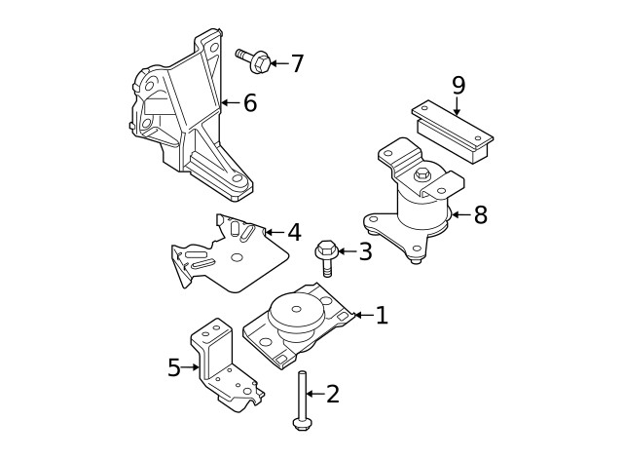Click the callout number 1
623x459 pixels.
[382, 315]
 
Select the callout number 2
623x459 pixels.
[333, 394]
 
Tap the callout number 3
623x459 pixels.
[365, 252]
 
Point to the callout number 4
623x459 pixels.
[294, 233]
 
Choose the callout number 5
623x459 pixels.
[174, 367]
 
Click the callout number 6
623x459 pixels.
[250, 102]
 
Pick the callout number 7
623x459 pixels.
[297, 64]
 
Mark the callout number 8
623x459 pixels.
[479, 214]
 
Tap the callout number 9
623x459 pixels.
[458, 85]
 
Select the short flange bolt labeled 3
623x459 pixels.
[326, 257]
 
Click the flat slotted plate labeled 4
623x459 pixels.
[234, 255]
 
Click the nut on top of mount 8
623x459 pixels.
[422, 175]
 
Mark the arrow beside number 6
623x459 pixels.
[230, 102]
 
